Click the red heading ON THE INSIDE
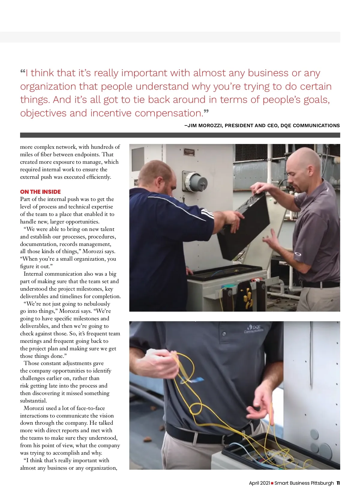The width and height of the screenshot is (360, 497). [x=40, y=192]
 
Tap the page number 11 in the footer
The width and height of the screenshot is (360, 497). [x=338, y=483]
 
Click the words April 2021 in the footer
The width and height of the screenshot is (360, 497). [x=259, y=483]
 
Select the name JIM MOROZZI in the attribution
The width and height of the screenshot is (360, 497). [x=205, y=126]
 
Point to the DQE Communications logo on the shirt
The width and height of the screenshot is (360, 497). [x=254, y=329]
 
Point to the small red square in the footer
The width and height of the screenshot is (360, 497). [x=272, y=483]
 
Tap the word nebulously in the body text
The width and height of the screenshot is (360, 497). [x=97, y=304]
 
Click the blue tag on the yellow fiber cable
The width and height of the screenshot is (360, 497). [x=192, y=380]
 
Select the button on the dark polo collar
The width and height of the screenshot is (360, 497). [x=224, y=334]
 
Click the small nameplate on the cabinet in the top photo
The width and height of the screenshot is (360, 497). [x=189, y=152]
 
